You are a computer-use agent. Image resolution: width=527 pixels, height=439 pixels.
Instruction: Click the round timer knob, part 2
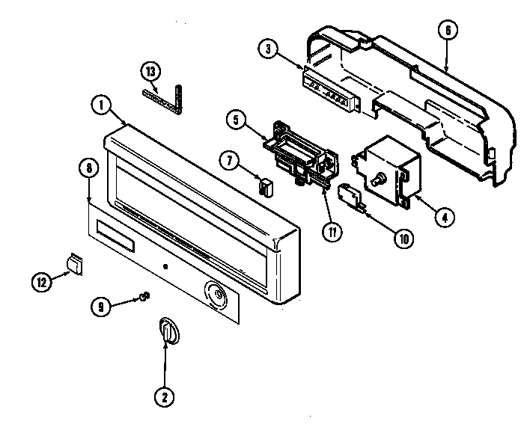[169, 331]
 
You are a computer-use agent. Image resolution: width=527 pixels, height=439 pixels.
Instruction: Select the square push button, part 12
[73, 263]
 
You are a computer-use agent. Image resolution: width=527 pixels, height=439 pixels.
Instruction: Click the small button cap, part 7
[264, 183]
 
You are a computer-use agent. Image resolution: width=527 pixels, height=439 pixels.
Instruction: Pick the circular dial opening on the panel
[216, 295]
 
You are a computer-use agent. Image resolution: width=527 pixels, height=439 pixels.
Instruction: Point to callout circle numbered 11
[329, 230]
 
